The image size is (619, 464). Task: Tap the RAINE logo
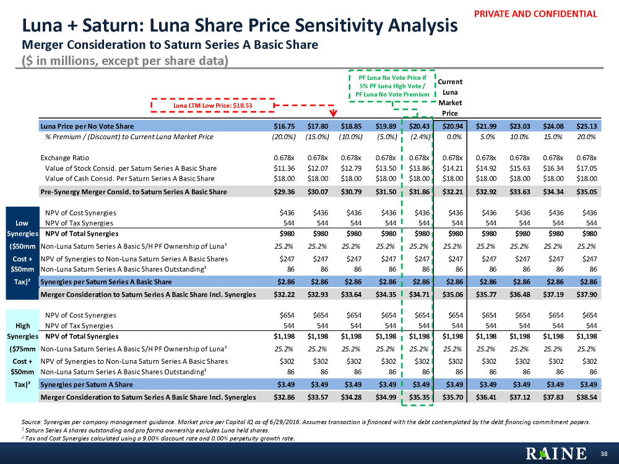tap(556, 453)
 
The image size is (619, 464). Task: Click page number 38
tap(605, 454)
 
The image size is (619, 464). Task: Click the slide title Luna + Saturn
tap(240, 26)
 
